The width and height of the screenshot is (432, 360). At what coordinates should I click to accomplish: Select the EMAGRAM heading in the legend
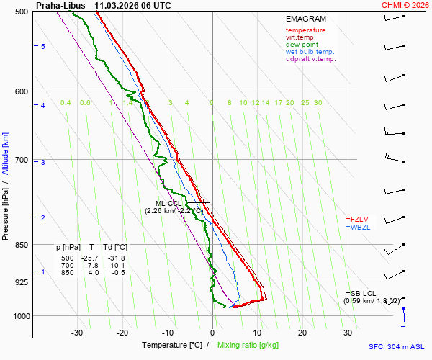306,19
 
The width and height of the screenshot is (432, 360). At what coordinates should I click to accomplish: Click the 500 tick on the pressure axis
21,12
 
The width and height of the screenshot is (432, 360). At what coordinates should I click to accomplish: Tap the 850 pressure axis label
21,245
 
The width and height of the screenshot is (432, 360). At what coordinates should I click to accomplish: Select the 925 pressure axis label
21,282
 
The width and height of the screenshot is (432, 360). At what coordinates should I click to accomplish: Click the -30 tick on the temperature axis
78,333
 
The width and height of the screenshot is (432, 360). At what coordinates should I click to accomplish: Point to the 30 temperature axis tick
348,333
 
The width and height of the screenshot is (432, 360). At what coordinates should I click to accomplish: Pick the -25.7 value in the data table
91,258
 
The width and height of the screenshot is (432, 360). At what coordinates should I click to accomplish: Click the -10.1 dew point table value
116,266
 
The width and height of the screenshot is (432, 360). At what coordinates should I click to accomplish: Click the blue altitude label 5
43,46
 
